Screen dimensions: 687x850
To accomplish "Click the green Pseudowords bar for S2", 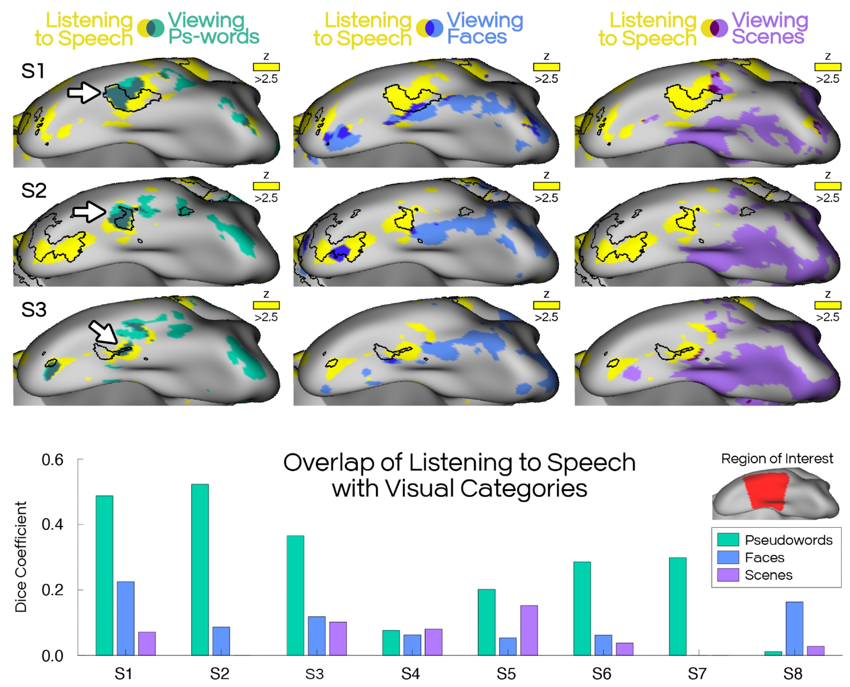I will (200, 569).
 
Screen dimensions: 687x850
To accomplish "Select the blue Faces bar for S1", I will (125, 618).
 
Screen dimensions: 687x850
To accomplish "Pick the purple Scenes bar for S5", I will (529, 630).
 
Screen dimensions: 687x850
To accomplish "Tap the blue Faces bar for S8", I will (794, 628).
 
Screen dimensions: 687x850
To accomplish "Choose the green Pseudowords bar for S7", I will (677, 606).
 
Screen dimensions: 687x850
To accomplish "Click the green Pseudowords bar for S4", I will (391, 642).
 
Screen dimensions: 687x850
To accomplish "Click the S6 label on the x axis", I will (601, 674).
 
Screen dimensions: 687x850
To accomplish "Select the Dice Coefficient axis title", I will (21, 557).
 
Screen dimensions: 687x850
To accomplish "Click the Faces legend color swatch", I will (728, 557).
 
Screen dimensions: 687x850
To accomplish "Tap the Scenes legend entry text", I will (768, 575).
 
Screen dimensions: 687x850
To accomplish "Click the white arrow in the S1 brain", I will (84, 92).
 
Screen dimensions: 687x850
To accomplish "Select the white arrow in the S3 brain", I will (102, 331).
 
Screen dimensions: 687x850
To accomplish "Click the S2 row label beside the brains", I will (34, 191).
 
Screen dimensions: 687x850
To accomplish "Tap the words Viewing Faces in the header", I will (484, 28).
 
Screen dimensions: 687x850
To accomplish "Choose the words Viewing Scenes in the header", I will (769, 28).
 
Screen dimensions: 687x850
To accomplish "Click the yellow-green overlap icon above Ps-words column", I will (150, 28).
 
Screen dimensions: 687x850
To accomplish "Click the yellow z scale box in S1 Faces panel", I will (546, 67).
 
